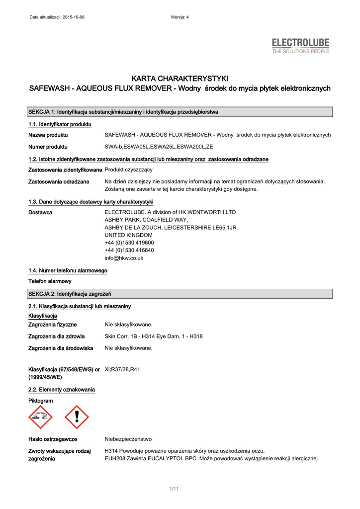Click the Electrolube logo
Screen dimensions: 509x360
coord(300,46)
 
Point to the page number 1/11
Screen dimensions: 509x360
coord(174,490)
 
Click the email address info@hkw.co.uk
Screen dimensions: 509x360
coord(124,258)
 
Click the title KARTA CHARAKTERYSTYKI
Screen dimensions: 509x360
coord(180,79)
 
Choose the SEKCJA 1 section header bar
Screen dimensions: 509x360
coord(180,112)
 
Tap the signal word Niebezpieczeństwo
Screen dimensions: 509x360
coord(128,439)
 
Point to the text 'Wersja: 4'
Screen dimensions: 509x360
coord(180,17)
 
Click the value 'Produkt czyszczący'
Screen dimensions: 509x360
coord(128,170)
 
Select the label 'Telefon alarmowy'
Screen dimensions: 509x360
coord(50,281)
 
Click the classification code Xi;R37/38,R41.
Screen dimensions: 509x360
coord(123,369)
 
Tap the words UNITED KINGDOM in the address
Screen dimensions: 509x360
coord(128,235)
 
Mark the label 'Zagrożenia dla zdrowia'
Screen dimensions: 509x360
coord(56,337)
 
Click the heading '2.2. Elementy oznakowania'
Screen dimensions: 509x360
coord(61,389)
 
